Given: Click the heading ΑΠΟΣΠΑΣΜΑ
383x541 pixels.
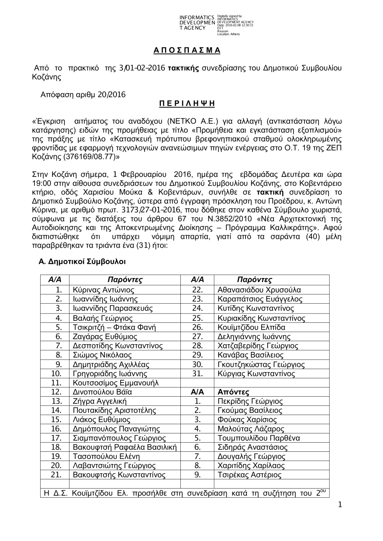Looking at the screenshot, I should click(x=187, y=50).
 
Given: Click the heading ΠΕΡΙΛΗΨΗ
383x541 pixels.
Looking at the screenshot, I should click(x=187, y=104).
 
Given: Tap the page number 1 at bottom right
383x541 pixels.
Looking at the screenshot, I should click(x=339, y=505).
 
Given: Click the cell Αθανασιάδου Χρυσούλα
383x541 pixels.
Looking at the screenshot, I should click(x=259, y=290).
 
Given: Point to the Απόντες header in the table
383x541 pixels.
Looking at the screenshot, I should click(x=233, y=392).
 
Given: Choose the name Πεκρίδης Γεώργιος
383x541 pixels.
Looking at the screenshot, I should click(x=250, y=401).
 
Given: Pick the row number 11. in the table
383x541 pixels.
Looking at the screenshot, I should click(x=56, y=383).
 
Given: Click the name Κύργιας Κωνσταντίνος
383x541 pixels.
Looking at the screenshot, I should click(x=256, y=374).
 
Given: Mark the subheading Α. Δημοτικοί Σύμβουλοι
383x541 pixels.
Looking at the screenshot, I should click(x=82, y=262).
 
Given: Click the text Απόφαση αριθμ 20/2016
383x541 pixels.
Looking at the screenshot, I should click(x=83, y=95).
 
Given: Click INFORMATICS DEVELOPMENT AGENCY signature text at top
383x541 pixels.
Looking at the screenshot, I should click(x=197, y=23).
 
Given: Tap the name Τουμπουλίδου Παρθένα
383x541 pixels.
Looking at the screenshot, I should click(x=259, y=438).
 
